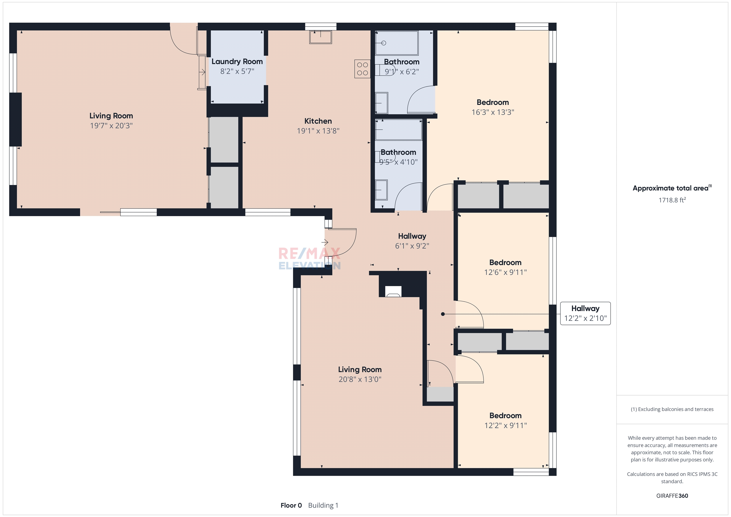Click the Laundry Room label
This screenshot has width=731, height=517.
(x=237, y=61)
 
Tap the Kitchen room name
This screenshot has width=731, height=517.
(x=318, y=121)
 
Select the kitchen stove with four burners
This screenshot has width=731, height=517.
(x=362, y=69)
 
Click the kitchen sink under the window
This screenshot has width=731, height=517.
(x=321, y=37)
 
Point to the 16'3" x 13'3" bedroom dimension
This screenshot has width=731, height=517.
(x=493, y=112)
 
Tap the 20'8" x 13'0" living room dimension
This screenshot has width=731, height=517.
(x=360, y=379)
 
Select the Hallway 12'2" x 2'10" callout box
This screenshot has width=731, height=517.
(x=585, y=313)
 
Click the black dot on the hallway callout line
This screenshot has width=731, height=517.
(x=443, y=314)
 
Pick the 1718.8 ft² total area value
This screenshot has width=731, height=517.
(x=672, y=200)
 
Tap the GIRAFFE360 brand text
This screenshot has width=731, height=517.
(x=672, y=496)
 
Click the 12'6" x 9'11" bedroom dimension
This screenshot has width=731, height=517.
(x=505, y=272)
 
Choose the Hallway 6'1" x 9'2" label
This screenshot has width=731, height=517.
(x=412, y=241)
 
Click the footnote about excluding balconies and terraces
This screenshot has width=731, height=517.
(x=672, y=409)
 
